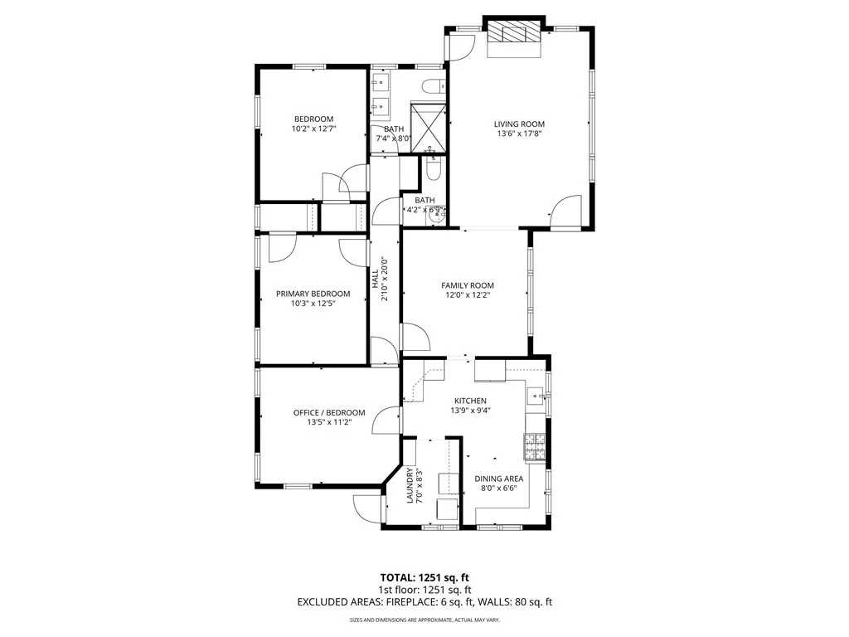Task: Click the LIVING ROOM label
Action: tap(520, 124)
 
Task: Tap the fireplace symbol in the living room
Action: tap(514, 36)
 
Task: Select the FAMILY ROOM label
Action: tap(466, 284)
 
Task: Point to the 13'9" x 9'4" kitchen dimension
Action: tap(469, 411)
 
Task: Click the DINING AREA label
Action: tap(498, 479)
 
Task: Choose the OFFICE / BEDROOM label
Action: tap(329, 412)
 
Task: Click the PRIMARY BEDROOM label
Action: tap(313, 294)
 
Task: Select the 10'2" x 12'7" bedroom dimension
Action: tap(313, 129)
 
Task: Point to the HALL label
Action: tap(375, 277)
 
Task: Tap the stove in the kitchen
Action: tap(533, 447)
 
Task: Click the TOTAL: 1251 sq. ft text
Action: tap(424, 577)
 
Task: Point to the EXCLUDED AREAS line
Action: tap(424, 602)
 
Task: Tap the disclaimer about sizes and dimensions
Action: tap(424, 620)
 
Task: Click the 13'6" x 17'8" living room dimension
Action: tap(520, 134)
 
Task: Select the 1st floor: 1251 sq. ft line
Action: tap(424, 590)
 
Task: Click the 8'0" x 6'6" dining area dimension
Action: tap(498, 489)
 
